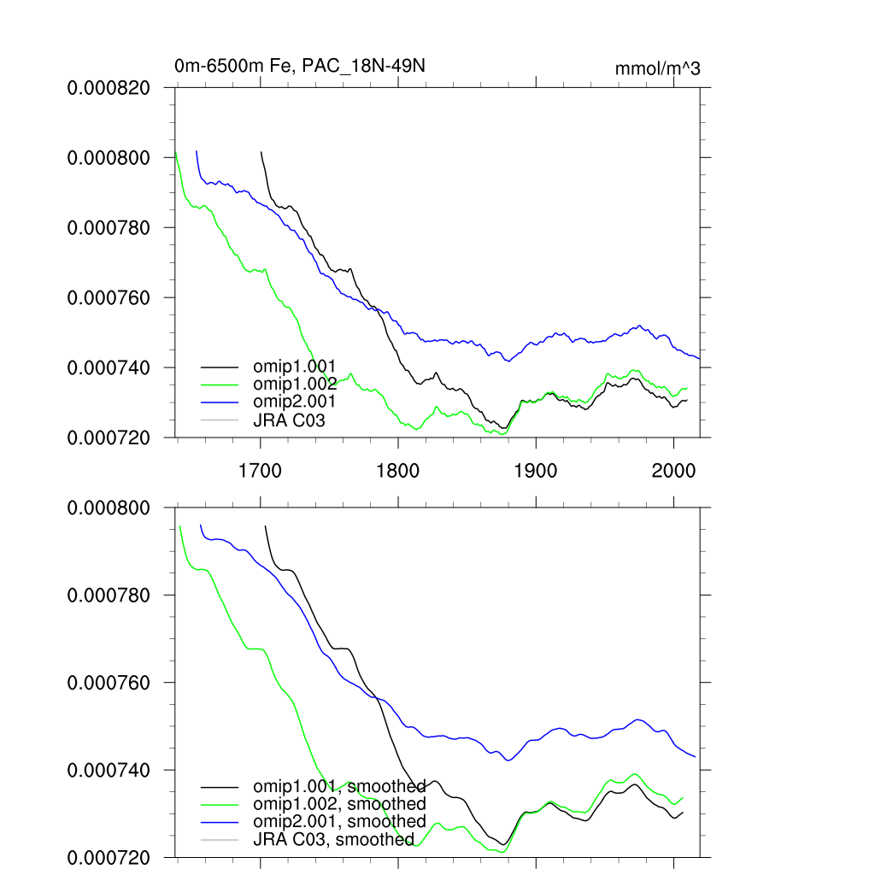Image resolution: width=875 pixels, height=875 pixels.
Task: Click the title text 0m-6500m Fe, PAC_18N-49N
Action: [307, 66]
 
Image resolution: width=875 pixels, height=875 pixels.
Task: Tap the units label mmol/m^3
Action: [657, 68]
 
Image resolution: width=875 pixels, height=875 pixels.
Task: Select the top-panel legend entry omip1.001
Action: [301, 367]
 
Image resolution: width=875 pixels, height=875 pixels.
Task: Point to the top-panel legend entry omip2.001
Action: [301, 400]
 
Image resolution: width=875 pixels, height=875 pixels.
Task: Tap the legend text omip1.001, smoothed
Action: [339, 786]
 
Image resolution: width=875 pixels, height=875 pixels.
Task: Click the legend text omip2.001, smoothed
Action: [339, 821]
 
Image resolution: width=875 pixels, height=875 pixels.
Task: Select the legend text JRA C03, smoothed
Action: [334, 839]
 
